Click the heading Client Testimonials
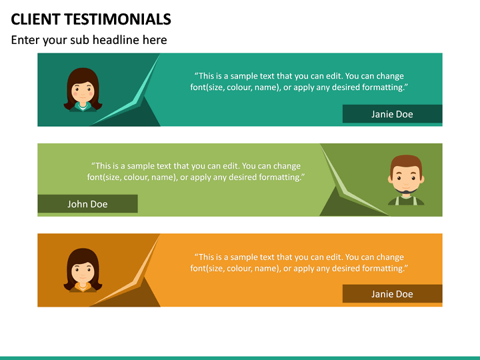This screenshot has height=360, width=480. point(91,19)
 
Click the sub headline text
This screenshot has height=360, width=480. point(89,40)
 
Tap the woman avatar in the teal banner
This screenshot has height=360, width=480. point(83,90)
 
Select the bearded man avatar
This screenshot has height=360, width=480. point(405,180)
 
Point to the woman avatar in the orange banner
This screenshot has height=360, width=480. point(83,270)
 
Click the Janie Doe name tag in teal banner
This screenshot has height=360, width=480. point(392,114)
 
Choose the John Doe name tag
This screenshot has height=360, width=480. point(87,204)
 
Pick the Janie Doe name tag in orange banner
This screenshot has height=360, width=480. point(392,294)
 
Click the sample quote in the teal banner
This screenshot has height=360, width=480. point(299,81)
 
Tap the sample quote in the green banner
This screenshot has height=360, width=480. point(195,171)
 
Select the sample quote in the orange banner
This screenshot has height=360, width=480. point(299,263)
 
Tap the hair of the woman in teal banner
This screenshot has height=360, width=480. point(83,75)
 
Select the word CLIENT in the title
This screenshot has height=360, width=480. point(34,19)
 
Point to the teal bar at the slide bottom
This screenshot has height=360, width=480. point(240,357)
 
